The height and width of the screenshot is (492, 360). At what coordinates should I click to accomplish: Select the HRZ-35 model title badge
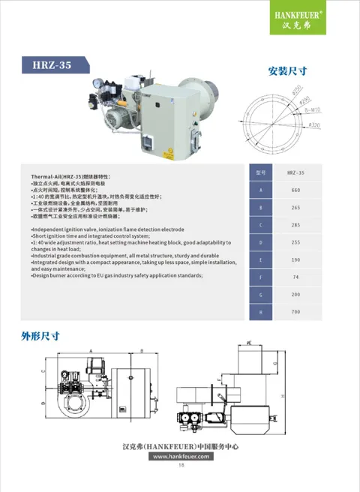pos(54,66)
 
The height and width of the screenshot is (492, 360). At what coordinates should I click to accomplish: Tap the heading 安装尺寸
pos(286,72)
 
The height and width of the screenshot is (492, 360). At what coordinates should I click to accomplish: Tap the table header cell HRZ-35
pos(295,172)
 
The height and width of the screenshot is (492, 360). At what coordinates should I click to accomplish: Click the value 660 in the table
pos(295,190)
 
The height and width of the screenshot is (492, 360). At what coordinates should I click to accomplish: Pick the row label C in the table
pos(260,224)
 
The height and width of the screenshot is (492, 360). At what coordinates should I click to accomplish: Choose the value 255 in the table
pos(295,241)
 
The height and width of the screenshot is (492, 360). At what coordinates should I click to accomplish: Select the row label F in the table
pos(260,277)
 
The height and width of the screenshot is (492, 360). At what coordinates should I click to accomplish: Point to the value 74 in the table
pos(295,277)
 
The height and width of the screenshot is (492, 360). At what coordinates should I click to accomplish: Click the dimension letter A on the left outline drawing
pos(90,350)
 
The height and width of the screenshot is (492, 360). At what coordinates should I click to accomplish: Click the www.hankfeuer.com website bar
pos(180,455)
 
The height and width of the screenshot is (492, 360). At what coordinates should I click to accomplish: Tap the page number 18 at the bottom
pos(181,465)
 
